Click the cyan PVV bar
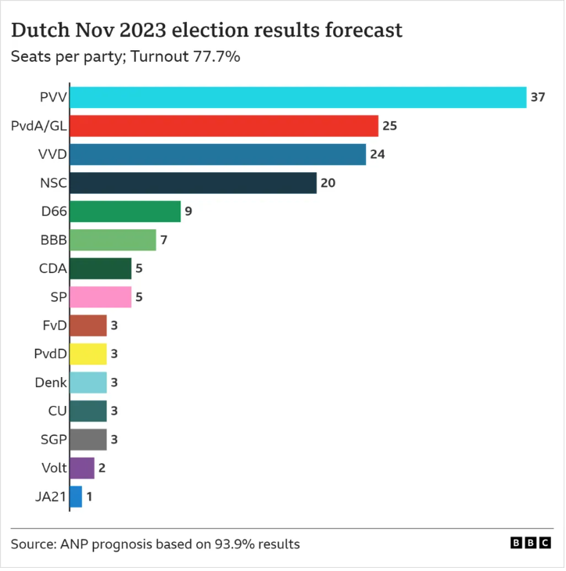[x=298, y=97]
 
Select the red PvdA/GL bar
[x=224, y=126]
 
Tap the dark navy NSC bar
[x=193, y=183]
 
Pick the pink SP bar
[x=101, y=296]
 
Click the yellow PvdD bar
[x=88, y=354]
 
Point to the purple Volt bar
[x=82, y=468]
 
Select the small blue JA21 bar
[x=76, y=497]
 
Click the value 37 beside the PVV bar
[x=538, y=97]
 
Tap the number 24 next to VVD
[x=378, y=154]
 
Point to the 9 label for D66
[x=188, y=211]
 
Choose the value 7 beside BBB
[x=164, y=240]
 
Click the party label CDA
[x=53, y=268]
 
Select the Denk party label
[x=51, y=382]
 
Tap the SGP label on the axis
[x=53, y=440]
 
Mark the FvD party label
[x=55, y=325]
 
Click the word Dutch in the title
[x=40, y=30]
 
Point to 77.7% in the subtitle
[x=217, y=56]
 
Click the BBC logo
[x=530, y=543]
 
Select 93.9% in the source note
[x=235, y=544]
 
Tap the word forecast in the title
[x=364, y=30]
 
